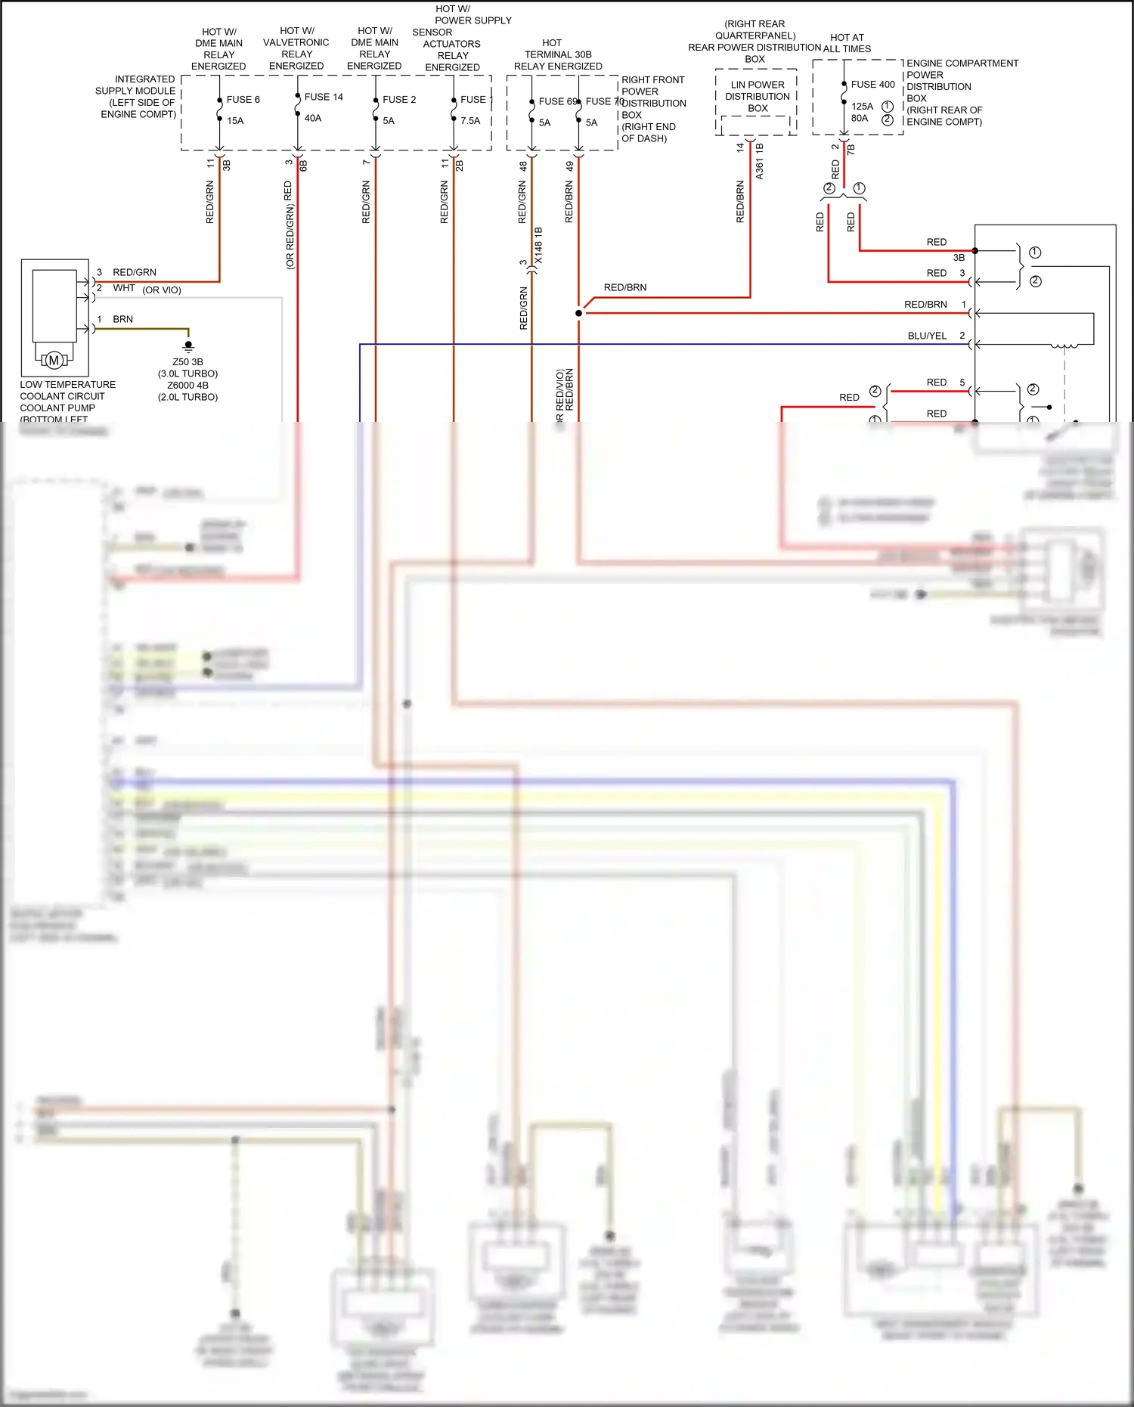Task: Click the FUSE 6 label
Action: [243, 99]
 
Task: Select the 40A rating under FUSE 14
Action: [313, 118]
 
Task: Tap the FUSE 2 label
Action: [399, 99]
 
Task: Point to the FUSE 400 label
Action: [872, 84]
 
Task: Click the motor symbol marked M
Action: [54, 361]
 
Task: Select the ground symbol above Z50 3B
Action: [188, 346]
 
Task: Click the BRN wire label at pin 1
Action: [122, 319]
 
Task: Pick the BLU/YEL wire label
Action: [927, 336]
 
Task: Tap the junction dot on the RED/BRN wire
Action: [579, 313]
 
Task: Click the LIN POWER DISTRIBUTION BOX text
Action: [757, 96]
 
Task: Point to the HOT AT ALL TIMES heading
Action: [847, 43]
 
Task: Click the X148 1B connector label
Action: [538, 245]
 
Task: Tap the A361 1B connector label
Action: [759, 160]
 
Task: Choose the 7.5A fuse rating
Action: [470, 120]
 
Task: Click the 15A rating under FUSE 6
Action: [235, 120]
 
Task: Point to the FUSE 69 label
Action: [557, 101]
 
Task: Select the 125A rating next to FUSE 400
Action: [862, 106]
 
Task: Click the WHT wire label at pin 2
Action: [123, 288]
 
